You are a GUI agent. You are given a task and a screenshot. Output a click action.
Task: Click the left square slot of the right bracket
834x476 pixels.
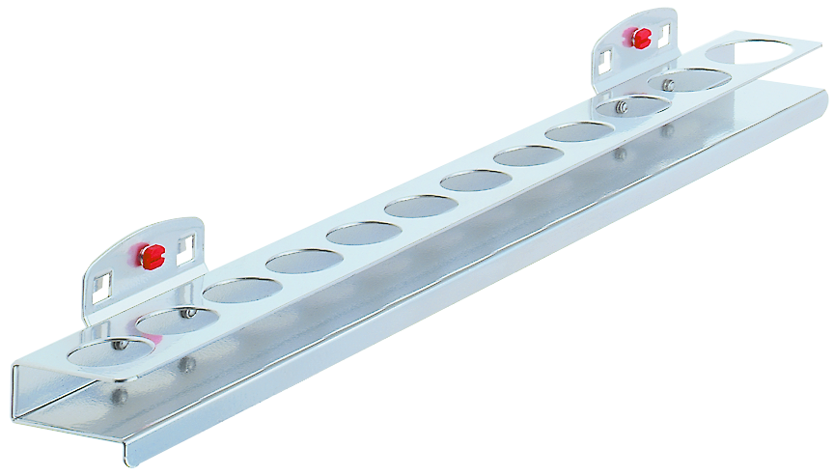pos(603,62)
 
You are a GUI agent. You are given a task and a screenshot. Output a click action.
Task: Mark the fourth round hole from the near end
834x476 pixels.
pos(303,261)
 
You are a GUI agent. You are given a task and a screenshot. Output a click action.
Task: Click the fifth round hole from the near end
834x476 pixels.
pos(363,233)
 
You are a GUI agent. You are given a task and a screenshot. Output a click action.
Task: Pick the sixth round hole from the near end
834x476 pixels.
pos(420,206)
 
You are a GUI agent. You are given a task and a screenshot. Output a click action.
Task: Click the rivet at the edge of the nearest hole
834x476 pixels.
pos(120,344)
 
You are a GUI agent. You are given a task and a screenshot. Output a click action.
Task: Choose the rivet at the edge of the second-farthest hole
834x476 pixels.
pos(668,86)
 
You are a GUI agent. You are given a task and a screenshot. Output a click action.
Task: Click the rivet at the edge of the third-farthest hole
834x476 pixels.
pos(624,106)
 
